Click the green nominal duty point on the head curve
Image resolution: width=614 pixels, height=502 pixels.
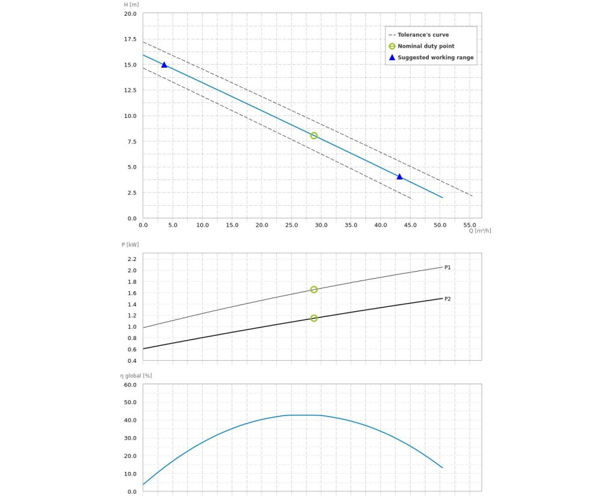point(314,136)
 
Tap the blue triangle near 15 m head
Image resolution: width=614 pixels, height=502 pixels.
point(164,65)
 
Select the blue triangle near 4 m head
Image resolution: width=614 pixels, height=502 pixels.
point(399,177)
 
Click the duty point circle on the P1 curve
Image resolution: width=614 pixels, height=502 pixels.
point(314,290)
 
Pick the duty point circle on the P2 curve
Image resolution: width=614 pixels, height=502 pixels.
point(314,318)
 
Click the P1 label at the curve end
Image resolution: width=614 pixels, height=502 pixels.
point(448,268)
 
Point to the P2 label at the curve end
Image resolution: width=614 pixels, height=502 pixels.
point(448,299)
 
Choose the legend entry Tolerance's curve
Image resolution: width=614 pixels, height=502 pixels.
point(423,35)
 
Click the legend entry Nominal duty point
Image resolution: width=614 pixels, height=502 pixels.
point(426,46)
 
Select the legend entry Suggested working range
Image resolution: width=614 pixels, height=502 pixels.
point(435,58)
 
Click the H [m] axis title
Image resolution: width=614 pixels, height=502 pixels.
point(131,5)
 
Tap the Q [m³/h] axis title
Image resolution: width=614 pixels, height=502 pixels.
point(480,231)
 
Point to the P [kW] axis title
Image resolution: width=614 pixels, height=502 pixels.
point(131,245)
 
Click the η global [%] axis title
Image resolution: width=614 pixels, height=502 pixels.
point(136,376)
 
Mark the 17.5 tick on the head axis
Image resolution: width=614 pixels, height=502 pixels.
point(129,40)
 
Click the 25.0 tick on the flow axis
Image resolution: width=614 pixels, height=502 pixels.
point(291,225)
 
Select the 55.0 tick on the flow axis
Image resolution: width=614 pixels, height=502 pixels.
point(470,225)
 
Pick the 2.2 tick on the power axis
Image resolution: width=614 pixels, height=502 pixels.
point(132,259)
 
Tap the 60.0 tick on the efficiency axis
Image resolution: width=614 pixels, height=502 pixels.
point(130,385)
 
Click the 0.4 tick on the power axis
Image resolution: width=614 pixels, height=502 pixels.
point(132,361)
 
